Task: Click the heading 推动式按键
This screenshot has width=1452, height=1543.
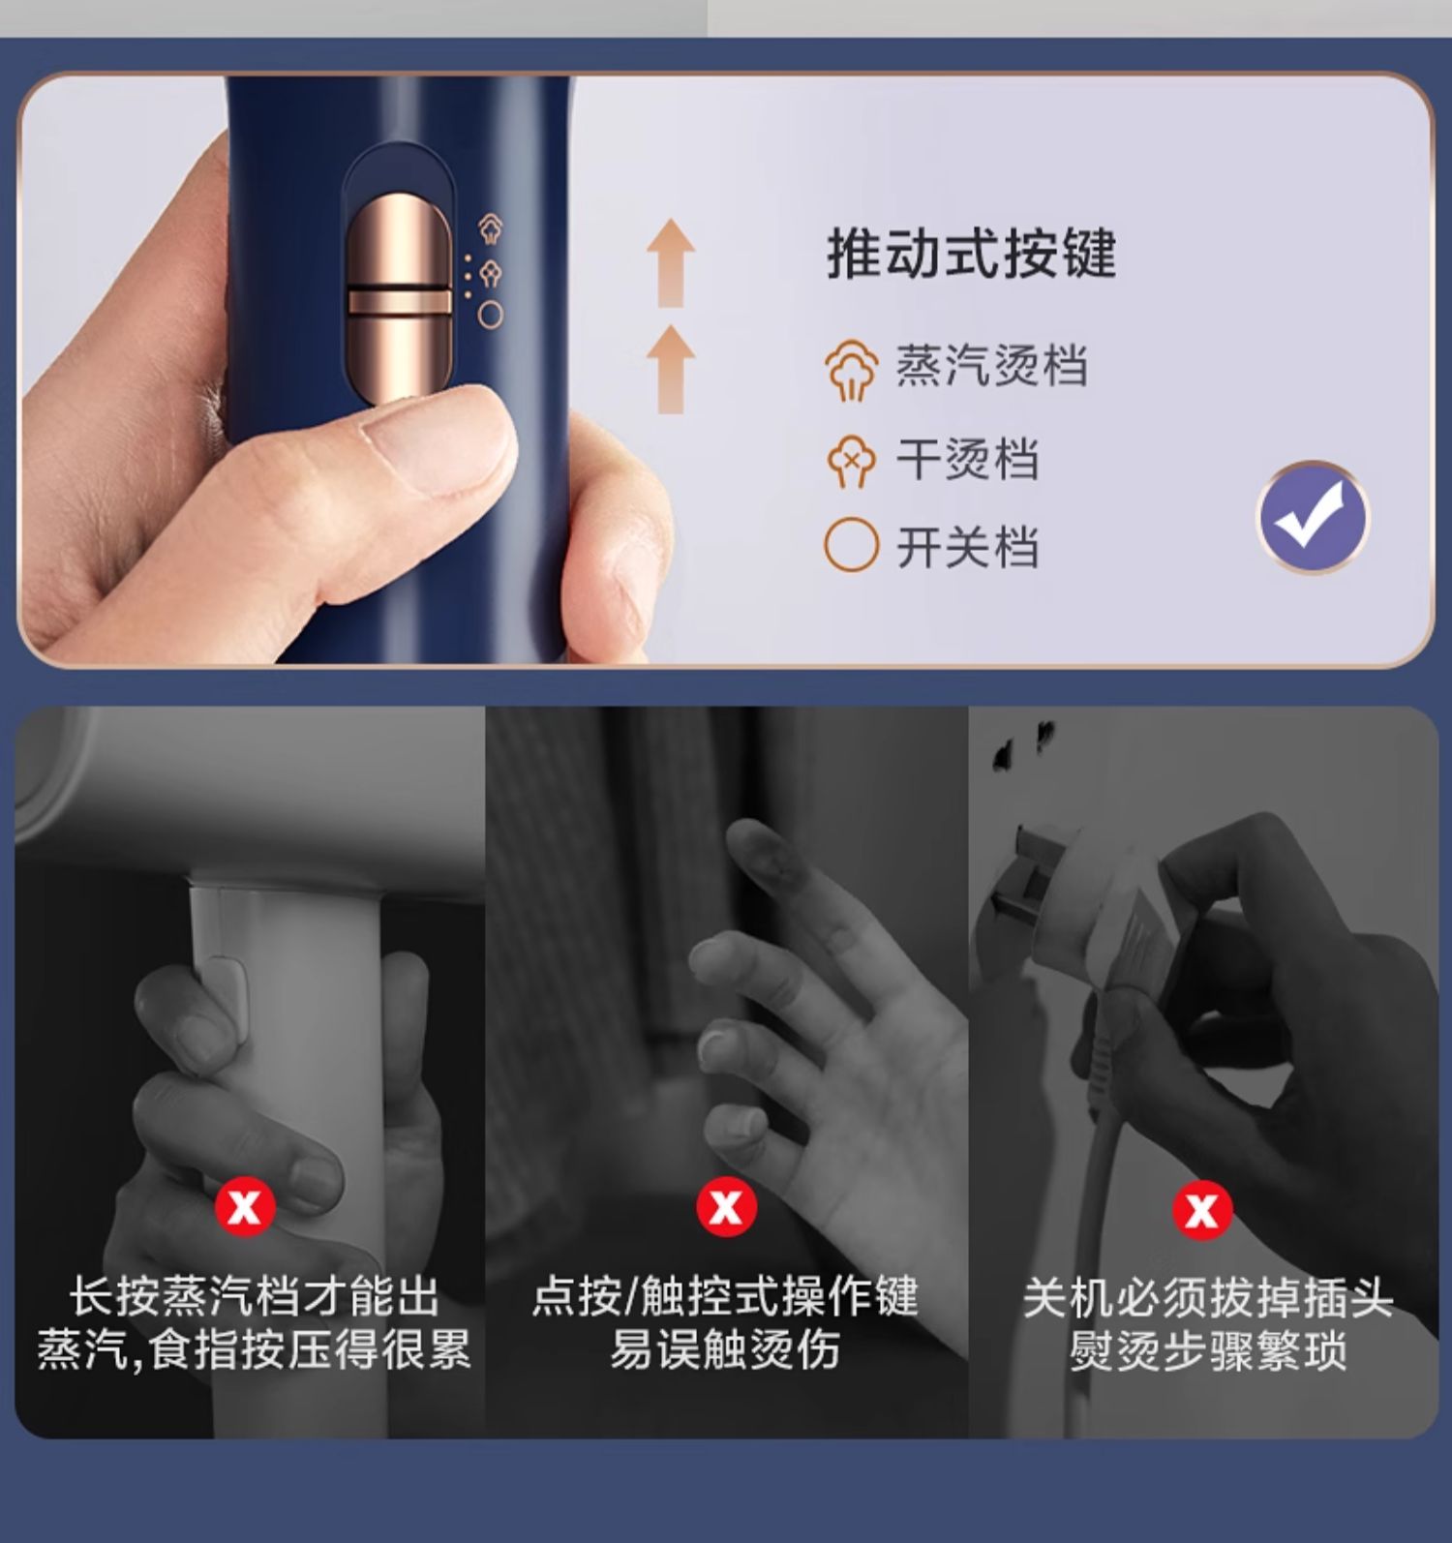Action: coord(971,255)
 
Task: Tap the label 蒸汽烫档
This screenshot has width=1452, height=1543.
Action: coord(991,366)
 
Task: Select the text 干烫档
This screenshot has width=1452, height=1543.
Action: coord(967,459)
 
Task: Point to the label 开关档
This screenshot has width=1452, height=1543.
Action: coord(967,547)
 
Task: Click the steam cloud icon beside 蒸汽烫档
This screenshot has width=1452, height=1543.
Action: coord(852,370)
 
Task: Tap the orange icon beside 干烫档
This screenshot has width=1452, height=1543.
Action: coord(851,461)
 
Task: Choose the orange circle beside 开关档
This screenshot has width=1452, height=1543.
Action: coord(851,546)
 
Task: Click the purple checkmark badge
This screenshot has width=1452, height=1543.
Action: coord(1312,518)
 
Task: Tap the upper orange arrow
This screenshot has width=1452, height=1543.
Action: coord(671,262)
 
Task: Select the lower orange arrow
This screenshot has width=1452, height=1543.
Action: coord(671,369)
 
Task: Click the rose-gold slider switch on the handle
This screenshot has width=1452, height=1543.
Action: coord(399,300)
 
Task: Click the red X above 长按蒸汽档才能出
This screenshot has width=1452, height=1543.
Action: coord(245,1206)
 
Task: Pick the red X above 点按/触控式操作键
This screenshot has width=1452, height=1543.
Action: coord(726,1206)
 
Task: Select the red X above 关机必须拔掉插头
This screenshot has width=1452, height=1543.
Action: coord(1202,1209)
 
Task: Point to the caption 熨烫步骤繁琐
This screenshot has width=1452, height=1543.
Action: coord(1208,1349)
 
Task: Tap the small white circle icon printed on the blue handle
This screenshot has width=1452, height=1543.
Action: coord(491,315)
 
